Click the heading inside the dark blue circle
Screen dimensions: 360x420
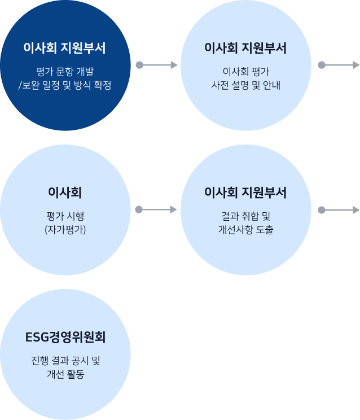pyautogui.click(x=65, y=48)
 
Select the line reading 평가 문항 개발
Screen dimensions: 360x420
pyautogui.click(x=65, y=72)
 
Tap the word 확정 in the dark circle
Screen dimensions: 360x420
pyautogui.click(x=103, y=85)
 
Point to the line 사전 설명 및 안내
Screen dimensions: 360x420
pyautogui.click(x=245, y=85)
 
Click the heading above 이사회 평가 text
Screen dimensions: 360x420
pyautogui.click(x=245, y=48)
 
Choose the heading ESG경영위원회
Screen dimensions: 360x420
pyautogui.click(x=65, y=337)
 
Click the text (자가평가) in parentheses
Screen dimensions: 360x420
pyautogui.click(x=65, y=230)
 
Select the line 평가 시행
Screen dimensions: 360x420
pyautogui.click(x=65, y=216)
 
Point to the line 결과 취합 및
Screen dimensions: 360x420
pyautogui.click(x=245, y=216)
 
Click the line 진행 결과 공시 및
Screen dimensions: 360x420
pyautogui.click(x=65, y=361)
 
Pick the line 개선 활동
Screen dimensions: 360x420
pyautogui.click(x=65, y=374)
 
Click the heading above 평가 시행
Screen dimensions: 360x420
pyautogui.click(x=65, y=193)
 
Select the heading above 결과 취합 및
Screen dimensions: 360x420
pyautogui.click(x=245, y=193)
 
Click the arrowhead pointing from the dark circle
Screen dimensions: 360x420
pyautogui.click(x=174, y=65)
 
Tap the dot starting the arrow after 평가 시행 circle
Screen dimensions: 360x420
pyautogui.click(x=139, y=209)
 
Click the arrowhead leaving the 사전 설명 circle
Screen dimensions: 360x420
pyautogui.click(x=356, y=65)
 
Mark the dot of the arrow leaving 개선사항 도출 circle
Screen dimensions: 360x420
pyautogui.click(x=322, y=210)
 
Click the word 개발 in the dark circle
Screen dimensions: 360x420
pyautogui.click(x=85, y=72)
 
